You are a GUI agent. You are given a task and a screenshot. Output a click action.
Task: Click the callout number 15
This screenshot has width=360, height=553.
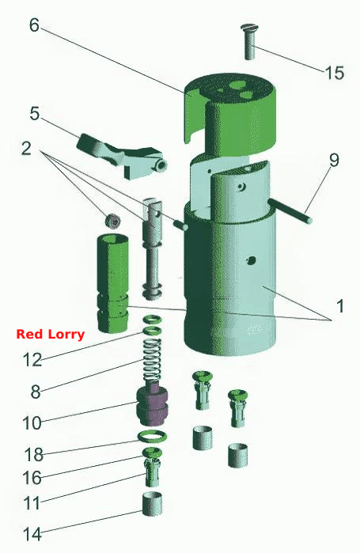pyautogui.click(x=334, y=73)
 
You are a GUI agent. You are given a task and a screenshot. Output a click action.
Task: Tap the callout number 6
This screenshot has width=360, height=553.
pyautogui.click(x=34, y=25)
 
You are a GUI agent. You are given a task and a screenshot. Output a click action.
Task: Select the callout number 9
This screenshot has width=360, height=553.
pyautogui.click(x=334, y=160)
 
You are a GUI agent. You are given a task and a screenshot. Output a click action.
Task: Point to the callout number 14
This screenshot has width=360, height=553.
pyautogui.click(x=32, y=535)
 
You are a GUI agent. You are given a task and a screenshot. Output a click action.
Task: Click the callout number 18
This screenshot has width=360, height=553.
pyautogui.click(x=34, y=455)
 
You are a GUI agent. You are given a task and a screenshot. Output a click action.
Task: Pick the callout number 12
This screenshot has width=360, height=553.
pyautogui.click(x=32, y=360)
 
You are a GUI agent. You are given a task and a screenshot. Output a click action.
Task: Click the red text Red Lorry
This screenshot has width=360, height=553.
pyautogui.click(x=51, y=334)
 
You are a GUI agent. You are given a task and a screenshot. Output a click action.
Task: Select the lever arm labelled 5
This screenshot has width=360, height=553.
pyautogui.click(x=122, y=156)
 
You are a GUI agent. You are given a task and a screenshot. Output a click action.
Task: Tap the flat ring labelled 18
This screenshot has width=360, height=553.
pyautogui.click(x=152, y=437)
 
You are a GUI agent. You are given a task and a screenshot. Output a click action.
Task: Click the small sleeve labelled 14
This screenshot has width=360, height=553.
pyautogui.click(x=153, y=504)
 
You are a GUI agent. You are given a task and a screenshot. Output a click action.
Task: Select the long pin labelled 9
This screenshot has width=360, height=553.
pyautogui.click(x=290, y=210)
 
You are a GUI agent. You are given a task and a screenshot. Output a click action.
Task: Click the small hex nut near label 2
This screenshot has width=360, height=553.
pyautogui.click(x=113, y=221)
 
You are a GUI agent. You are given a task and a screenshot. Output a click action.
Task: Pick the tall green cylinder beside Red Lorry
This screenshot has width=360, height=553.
pyautogui.click(x=113, y=283)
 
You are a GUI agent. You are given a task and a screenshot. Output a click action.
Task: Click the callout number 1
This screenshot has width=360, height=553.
pyautogui.click(x=340, y=306)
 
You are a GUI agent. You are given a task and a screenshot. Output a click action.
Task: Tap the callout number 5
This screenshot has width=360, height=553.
pyautogui.click(x=35, y=114)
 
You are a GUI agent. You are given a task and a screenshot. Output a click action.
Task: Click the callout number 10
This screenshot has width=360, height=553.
pyautogui.click(x=32, y=422)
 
